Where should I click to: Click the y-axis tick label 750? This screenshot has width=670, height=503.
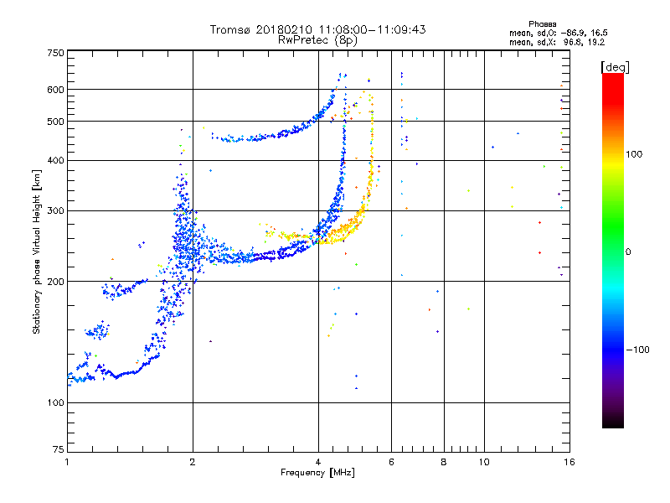[55, 53]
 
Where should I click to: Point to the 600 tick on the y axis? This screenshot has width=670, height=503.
[55, 89]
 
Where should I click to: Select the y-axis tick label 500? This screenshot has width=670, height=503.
[55, 121]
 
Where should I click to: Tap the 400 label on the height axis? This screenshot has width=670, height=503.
[55, 160]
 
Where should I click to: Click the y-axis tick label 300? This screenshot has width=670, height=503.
[55, 210]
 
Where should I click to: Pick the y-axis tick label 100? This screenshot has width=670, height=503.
[55, 403]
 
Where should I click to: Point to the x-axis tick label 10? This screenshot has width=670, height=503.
[484, 461]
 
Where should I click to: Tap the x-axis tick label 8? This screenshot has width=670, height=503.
[444, 461]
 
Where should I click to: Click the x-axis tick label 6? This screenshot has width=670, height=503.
[392, 461]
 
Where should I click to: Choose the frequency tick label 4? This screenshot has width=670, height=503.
[318, 461]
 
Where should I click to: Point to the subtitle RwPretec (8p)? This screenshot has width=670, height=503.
[318, 39]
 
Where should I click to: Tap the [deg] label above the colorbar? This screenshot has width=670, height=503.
[615, 66]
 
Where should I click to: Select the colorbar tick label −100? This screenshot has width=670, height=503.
[637, 350]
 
